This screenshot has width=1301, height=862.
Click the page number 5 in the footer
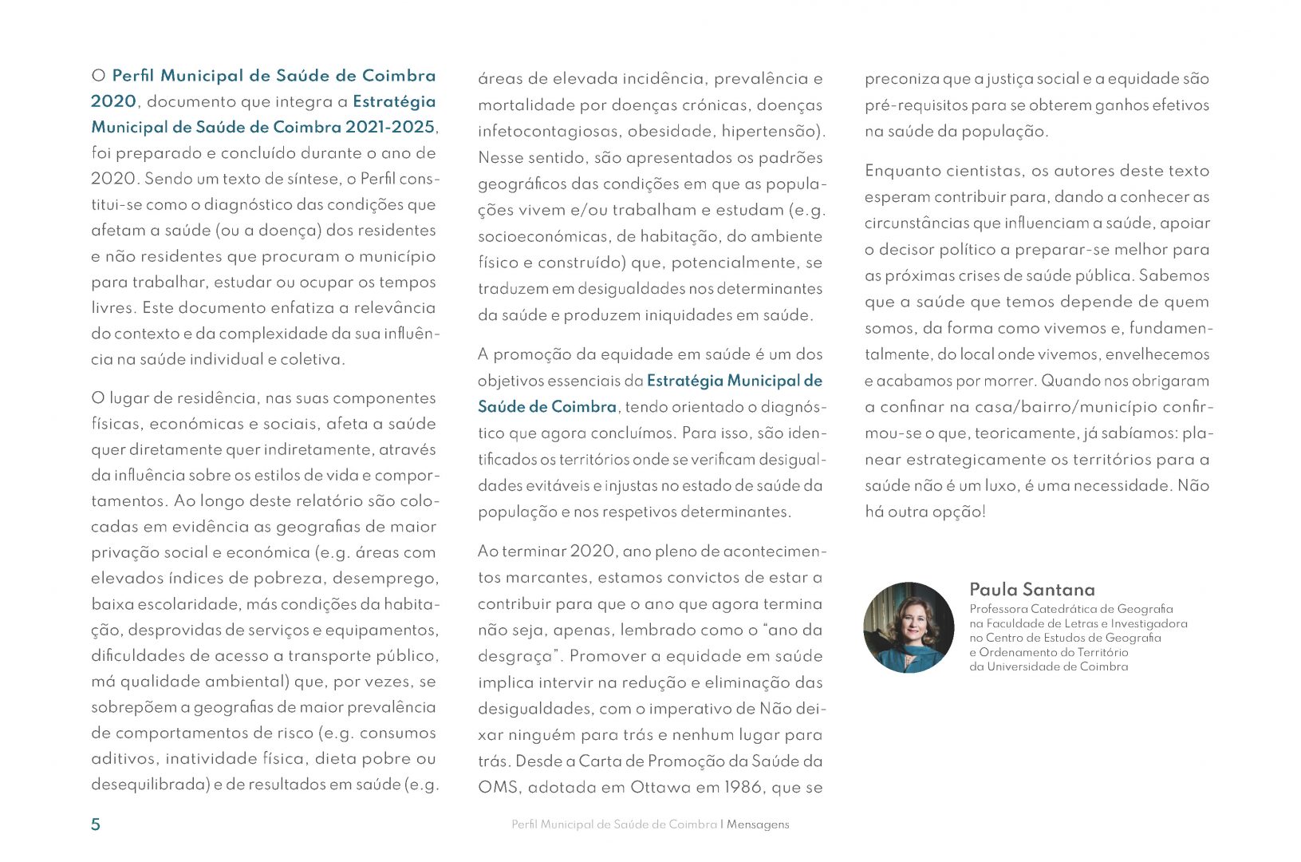(96, 824)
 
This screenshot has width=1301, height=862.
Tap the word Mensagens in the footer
(758, 824)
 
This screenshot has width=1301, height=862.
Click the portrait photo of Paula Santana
(909, 627)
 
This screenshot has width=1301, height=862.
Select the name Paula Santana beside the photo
(1031, 590)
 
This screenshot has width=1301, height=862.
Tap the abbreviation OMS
(499, 788)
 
